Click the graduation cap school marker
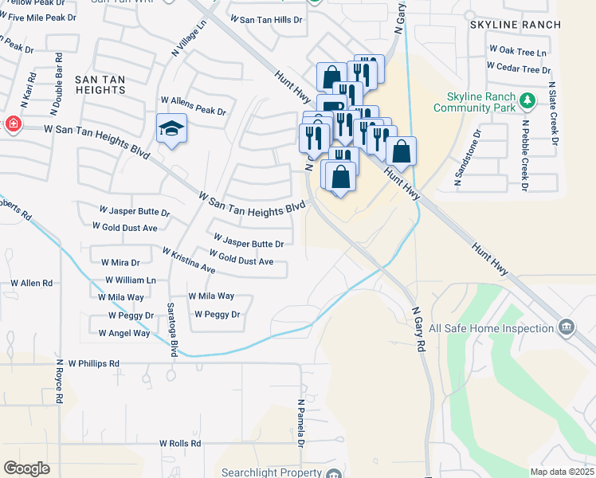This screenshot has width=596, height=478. point(171,128)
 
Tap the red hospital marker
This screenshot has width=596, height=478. point(12,123)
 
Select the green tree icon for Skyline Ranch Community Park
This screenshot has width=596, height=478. point(527,100)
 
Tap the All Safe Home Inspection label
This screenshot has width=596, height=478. point(491,328)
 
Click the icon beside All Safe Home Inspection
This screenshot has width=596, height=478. point(567,327)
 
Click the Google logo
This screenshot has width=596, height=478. point(27,468)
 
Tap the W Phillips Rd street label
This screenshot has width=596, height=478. point(93,363)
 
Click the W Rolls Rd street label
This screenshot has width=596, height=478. point(181,443)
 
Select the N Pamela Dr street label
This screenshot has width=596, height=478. point(301,423)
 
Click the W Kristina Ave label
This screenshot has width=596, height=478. point(189,261)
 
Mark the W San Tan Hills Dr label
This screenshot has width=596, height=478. point(266,18)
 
